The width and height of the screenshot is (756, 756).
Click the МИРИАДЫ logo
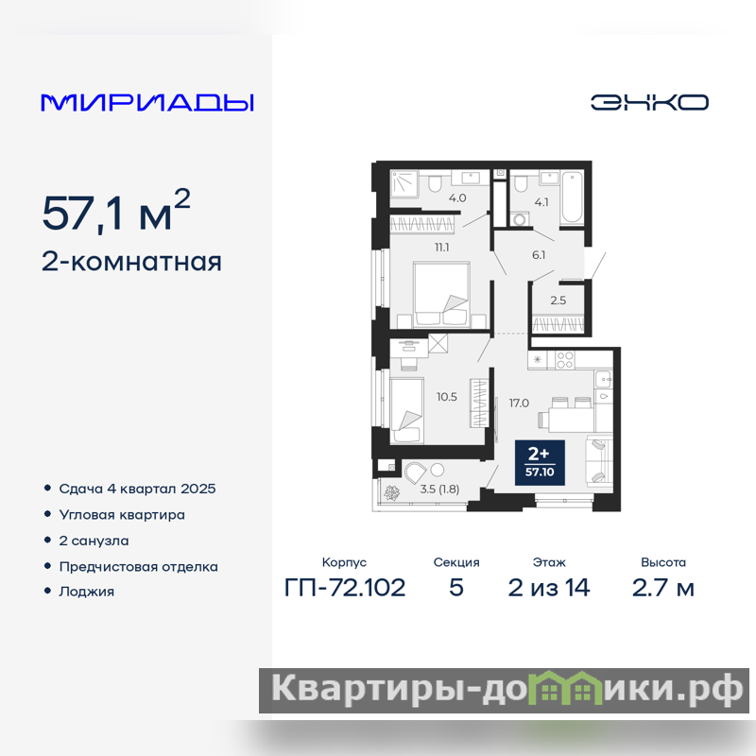point(147,103)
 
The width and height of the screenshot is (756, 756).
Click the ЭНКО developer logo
point(649,102)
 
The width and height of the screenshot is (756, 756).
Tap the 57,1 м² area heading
point(116,211)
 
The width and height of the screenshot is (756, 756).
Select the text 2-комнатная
point(131,262)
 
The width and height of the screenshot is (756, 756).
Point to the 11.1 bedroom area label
point(441,248)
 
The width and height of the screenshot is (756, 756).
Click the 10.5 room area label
point(446,397)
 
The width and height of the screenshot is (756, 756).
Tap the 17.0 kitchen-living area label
point(519,403)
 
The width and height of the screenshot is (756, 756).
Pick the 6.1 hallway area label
point(539,254)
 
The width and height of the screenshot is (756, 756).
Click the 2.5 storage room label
point(558,301)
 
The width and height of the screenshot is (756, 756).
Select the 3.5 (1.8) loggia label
point(439,489)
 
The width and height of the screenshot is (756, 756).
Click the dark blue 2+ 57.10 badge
point(540,462)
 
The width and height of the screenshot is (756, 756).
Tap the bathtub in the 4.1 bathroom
point(572,198)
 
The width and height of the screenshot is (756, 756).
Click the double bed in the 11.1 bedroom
point(441,294)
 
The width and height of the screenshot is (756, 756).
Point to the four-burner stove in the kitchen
point(564,360)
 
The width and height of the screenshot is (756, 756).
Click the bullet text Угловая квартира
point(122,515)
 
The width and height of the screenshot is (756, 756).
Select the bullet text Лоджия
point(87,592)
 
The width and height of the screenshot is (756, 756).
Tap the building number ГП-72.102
point(345,588)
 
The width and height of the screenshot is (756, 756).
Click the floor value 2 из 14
point(549,588)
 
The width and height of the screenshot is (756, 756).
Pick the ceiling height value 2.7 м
point(663,588)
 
